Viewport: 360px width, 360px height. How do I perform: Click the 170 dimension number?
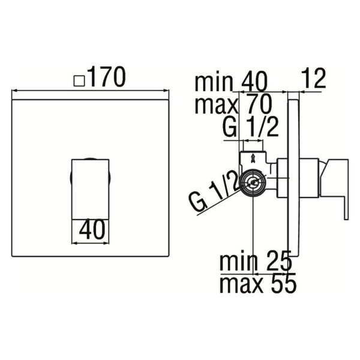pyautogui.click(x=107, y=77)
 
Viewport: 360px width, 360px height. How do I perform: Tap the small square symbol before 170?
pyautogui.click(x=79, y=81)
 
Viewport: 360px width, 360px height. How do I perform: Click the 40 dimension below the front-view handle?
pyautogui.click(x=92, y=230)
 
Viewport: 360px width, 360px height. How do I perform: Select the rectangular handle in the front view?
pyautogui.click(x=91, y=189)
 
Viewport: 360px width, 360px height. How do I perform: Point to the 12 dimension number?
pyautogui.click(x=313, y=78)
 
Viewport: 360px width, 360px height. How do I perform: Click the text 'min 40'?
pyautogui.click(x=231, y=81)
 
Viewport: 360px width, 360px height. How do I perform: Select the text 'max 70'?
pyautogui.click(x=233, y=104)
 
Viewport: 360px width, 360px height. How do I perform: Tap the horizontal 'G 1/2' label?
pyautogui.click(x=251, y=127)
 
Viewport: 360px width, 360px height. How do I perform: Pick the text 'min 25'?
pyautogui.click(x=256, y=260)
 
